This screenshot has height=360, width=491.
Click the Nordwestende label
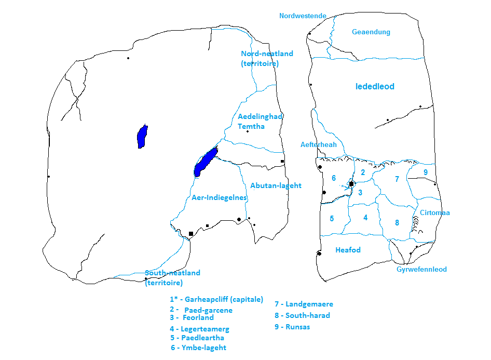coord(303,16)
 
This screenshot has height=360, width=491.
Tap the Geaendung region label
coord(371,32)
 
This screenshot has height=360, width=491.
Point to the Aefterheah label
coord(319,145)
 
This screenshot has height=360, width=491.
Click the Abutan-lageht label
coord(276,185)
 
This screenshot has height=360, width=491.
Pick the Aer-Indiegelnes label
coord(219,198)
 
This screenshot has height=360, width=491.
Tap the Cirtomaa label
coord(435,213)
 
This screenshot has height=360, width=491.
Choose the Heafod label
coord(348,250)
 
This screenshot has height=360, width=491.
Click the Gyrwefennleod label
coord(421,270)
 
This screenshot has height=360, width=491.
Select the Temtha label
coord(251,126)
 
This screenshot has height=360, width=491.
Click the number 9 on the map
coord(426,172)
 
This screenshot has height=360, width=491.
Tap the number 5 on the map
coord(332,219)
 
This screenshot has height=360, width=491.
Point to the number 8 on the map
coord(397,223)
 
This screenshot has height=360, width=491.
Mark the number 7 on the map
coord(397,179)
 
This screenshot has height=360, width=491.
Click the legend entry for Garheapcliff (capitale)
coord(216,300)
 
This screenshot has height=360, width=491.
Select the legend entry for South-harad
coord(302,315)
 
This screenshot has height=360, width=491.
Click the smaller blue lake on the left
coord(142,137)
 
